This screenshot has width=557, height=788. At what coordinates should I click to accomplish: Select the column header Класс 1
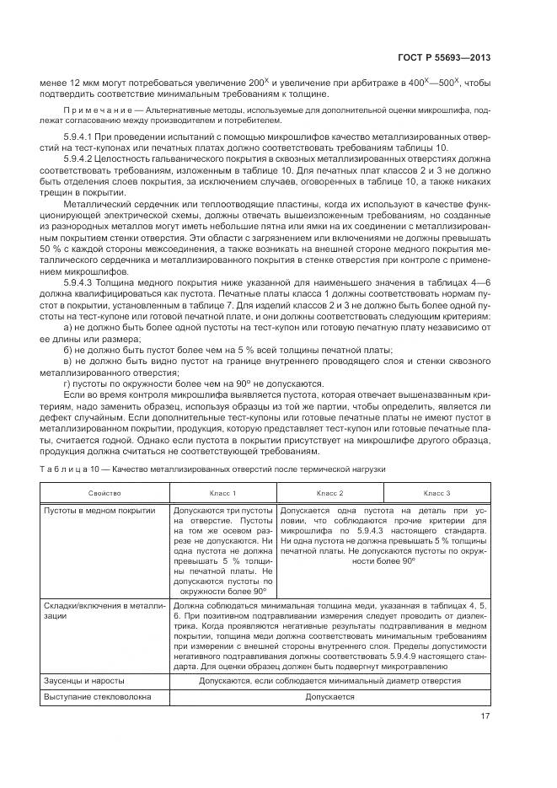pos(222,492)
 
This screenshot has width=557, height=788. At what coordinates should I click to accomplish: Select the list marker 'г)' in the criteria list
pos(67,382)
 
